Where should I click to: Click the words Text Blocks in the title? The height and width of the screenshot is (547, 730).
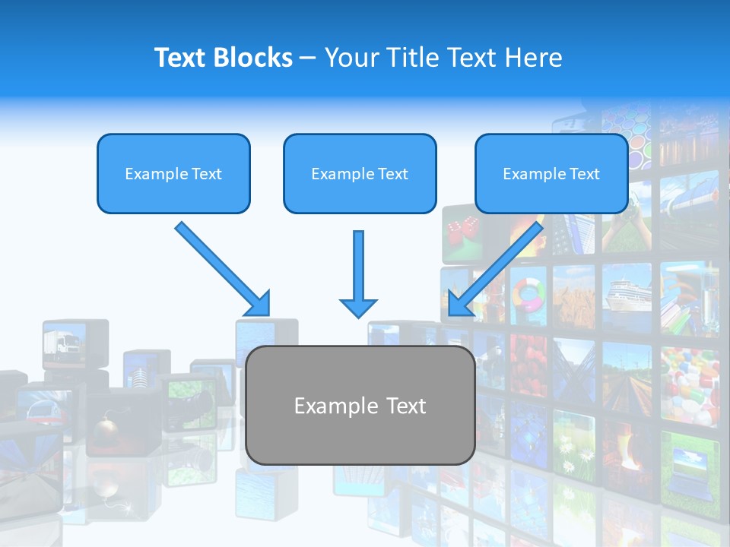[223, 58]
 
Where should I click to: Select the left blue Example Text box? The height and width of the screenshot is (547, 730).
[173, 174]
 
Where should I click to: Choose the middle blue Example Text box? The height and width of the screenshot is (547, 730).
[360, 174]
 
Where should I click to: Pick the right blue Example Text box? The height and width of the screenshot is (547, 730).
[551, 174]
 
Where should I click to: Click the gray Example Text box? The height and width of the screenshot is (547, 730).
[360, 406]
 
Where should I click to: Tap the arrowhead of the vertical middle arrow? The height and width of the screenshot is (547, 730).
[358, 307]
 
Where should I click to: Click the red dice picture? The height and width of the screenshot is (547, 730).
[462, 229]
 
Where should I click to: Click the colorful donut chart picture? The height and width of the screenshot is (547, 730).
[528, 294]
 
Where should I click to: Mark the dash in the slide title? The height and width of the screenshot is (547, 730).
[308, 58]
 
